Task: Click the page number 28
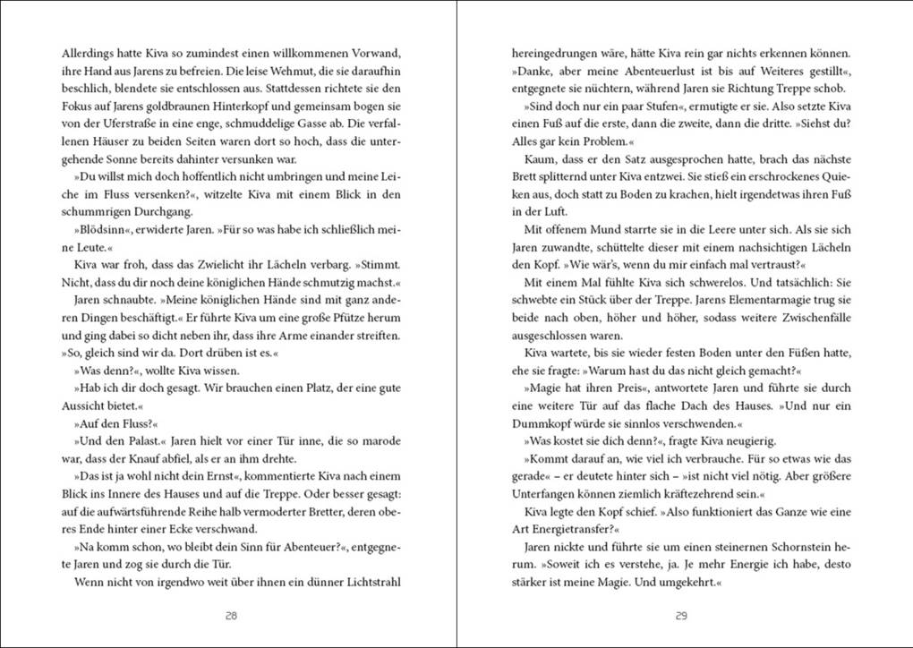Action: point(231,616)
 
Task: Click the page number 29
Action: point(681,616)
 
